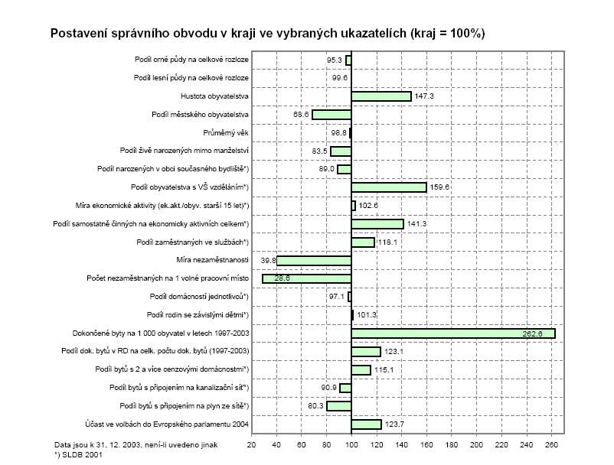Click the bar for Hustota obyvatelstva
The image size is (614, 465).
[x=381, y=96]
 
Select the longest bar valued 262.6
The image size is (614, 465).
[x=452, y=333]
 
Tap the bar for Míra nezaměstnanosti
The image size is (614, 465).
[x=314, y=261]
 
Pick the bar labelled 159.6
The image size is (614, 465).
[x=388, y=187]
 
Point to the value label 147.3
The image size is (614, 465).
[x=424, y=96]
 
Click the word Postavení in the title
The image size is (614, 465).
[x=78, y=34]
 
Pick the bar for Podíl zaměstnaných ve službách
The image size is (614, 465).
[x=363, y=242]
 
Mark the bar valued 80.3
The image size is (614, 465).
[x=339, y=406]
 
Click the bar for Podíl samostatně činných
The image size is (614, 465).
[x=377, y=224]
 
